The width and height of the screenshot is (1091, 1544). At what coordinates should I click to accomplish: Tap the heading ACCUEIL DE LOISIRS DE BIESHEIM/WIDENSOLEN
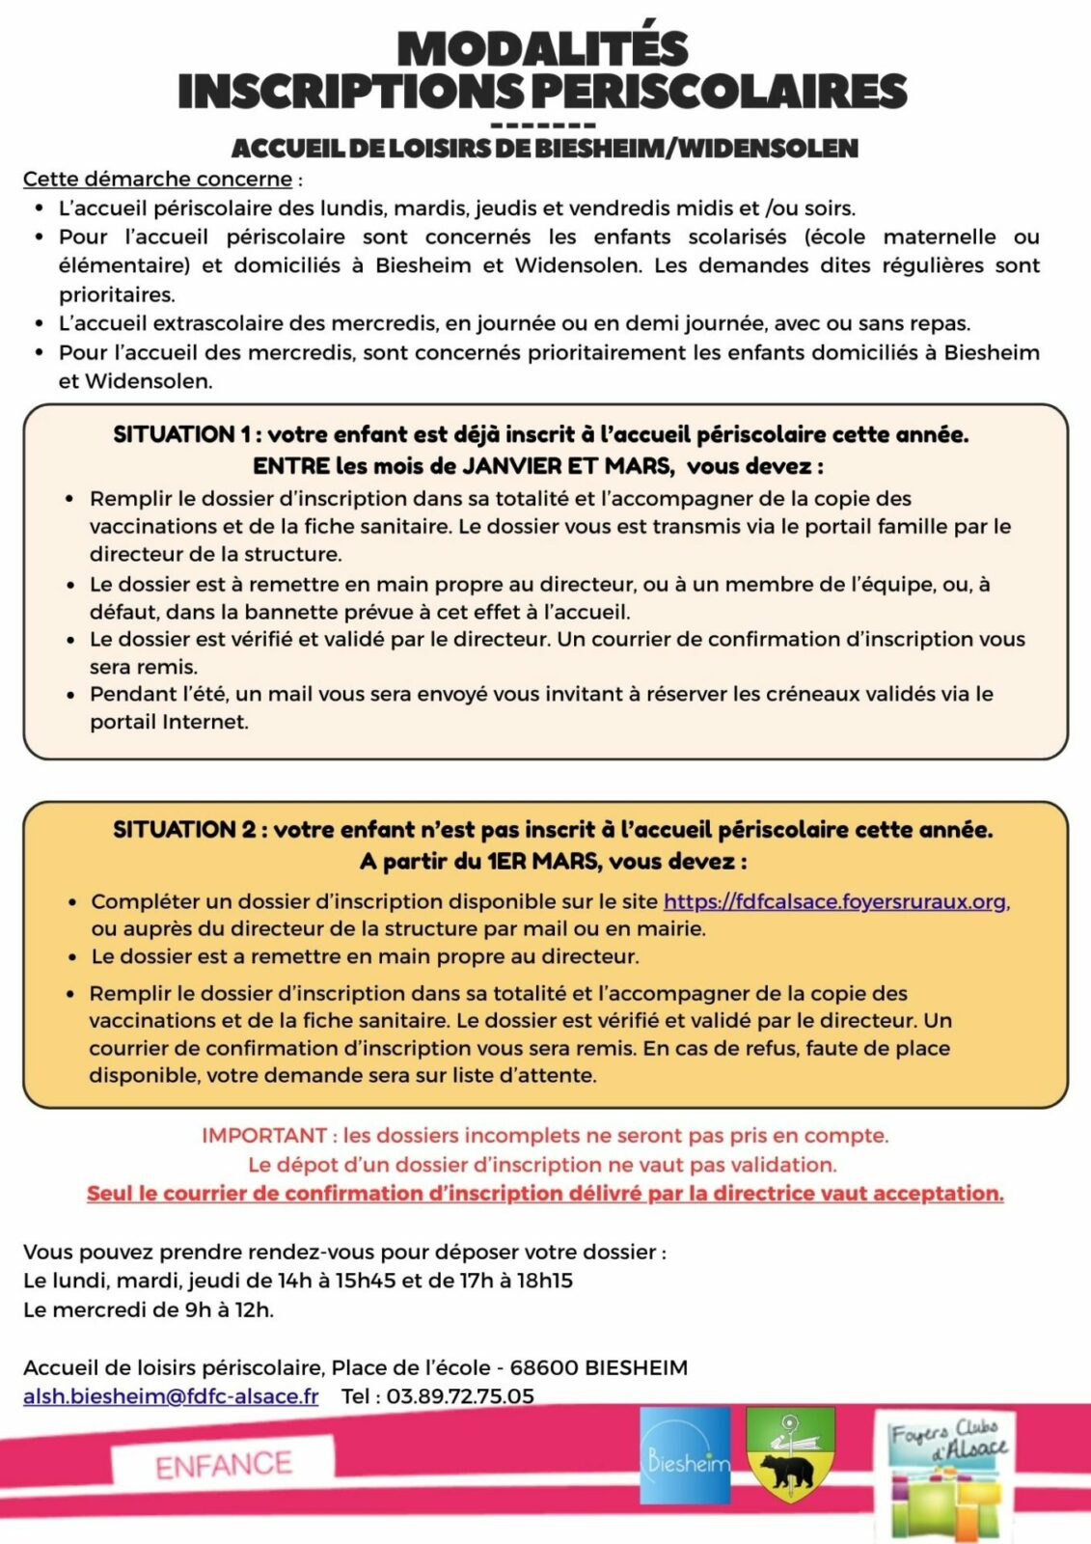[544, 149]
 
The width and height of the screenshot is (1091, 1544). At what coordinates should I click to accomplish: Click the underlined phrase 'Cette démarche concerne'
[157, 179]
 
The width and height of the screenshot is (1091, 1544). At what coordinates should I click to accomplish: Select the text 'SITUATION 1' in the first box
[175, 435]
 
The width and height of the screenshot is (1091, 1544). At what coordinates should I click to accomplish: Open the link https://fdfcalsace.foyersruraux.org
[834, 901]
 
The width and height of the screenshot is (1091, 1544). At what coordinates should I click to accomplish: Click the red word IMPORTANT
[264, 1136]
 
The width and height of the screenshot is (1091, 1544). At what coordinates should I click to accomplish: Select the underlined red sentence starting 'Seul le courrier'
[545, 1194]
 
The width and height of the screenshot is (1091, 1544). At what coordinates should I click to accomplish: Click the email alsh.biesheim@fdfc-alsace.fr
[171, 1396]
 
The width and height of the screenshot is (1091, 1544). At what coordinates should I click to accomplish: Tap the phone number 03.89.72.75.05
[460, 1396]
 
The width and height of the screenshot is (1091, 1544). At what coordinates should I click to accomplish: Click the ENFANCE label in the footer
[224, 1465]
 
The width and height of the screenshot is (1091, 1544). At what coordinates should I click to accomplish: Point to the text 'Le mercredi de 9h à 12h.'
[149, 1310]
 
